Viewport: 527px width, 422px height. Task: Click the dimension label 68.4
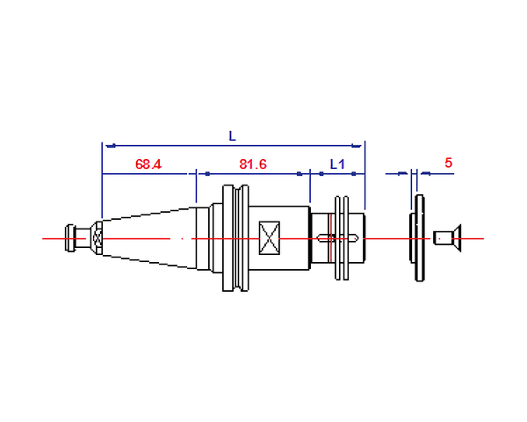tap(148, 164)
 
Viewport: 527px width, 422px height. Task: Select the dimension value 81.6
tap(253, 164)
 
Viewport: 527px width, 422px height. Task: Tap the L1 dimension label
tap(337, 164)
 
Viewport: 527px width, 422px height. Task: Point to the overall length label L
tap(232, 136)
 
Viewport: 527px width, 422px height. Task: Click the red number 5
tap(448, 163)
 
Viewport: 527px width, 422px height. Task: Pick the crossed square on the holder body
tap(270, 238)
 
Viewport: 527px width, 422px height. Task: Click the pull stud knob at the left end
tap(70, 238)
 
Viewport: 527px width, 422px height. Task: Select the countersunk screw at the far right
tap(447, 238)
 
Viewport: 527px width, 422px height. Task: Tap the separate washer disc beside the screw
tap(417, 238)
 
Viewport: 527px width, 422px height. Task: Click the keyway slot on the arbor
tap(337, 238)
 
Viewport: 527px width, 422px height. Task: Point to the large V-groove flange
tap(235, 238)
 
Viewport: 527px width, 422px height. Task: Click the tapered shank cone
tap(149, 238)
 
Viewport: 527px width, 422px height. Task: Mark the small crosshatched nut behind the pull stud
tap(97, 238)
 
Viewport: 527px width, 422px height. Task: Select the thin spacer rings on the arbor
tap(342, 238)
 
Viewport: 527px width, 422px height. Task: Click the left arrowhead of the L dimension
tap(111, 146)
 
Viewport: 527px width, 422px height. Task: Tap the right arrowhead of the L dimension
tap(357, 146)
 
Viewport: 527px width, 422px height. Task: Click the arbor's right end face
tap(365, 238)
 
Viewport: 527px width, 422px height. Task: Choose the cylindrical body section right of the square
tap(295, 238)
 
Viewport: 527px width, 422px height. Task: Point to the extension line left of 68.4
tap(102, 180)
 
